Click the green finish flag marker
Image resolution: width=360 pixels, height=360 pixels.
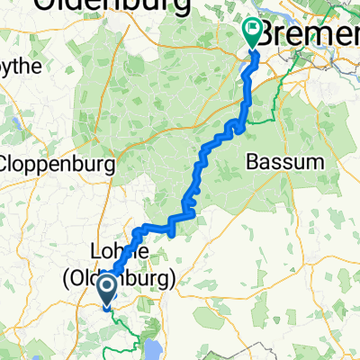coord(251,33)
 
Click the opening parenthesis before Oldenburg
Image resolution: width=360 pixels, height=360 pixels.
coord(64,277)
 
